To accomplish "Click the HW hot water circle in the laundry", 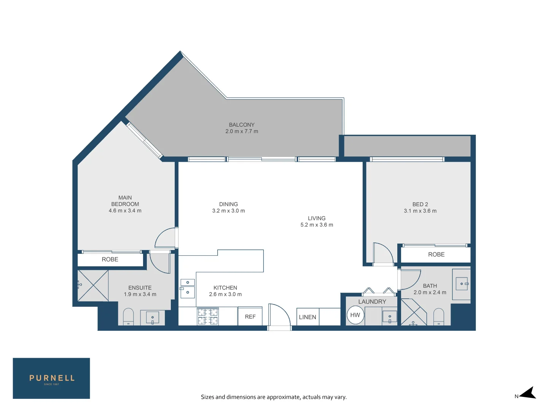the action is pos(355,315).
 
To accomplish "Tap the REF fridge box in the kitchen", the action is pos(250,316).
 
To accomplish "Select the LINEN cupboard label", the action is pos(307,317).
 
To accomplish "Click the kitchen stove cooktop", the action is pos(207,316).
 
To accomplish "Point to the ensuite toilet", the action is pos(128,317).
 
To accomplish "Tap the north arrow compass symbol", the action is pos(528,393).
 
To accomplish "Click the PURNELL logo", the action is pos(51,378).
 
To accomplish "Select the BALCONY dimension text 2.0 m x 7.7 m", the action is pos(242,131).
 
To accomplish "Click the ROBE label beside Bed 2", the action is pos(436,254).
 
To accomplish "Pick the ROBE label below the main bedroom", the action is pos(110,259).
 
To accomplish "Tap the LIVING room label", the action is pos(317,218).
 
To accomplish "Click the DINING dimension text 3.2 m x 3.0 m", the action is pos(228,210).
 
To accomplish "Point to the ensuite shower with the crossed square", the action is pos(93,285).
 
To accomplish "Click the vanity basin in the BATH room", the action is pos(462,284).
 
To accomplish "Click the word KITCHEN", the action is pos(225,288).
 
